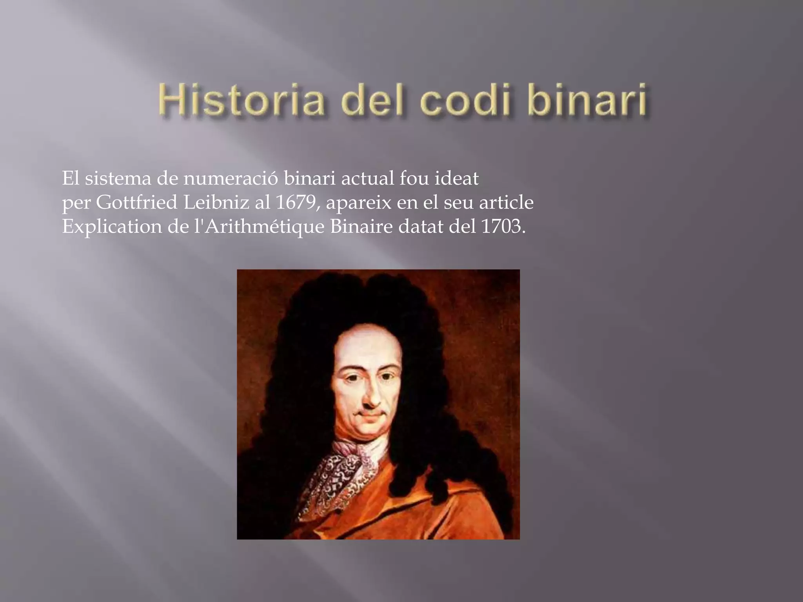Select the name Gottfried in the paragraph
[x=137, y=202]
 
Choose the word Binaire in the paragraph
[x=361, y=227]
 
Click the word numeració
[x=231, y=178]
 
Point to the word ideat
[x=456, y=178]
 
